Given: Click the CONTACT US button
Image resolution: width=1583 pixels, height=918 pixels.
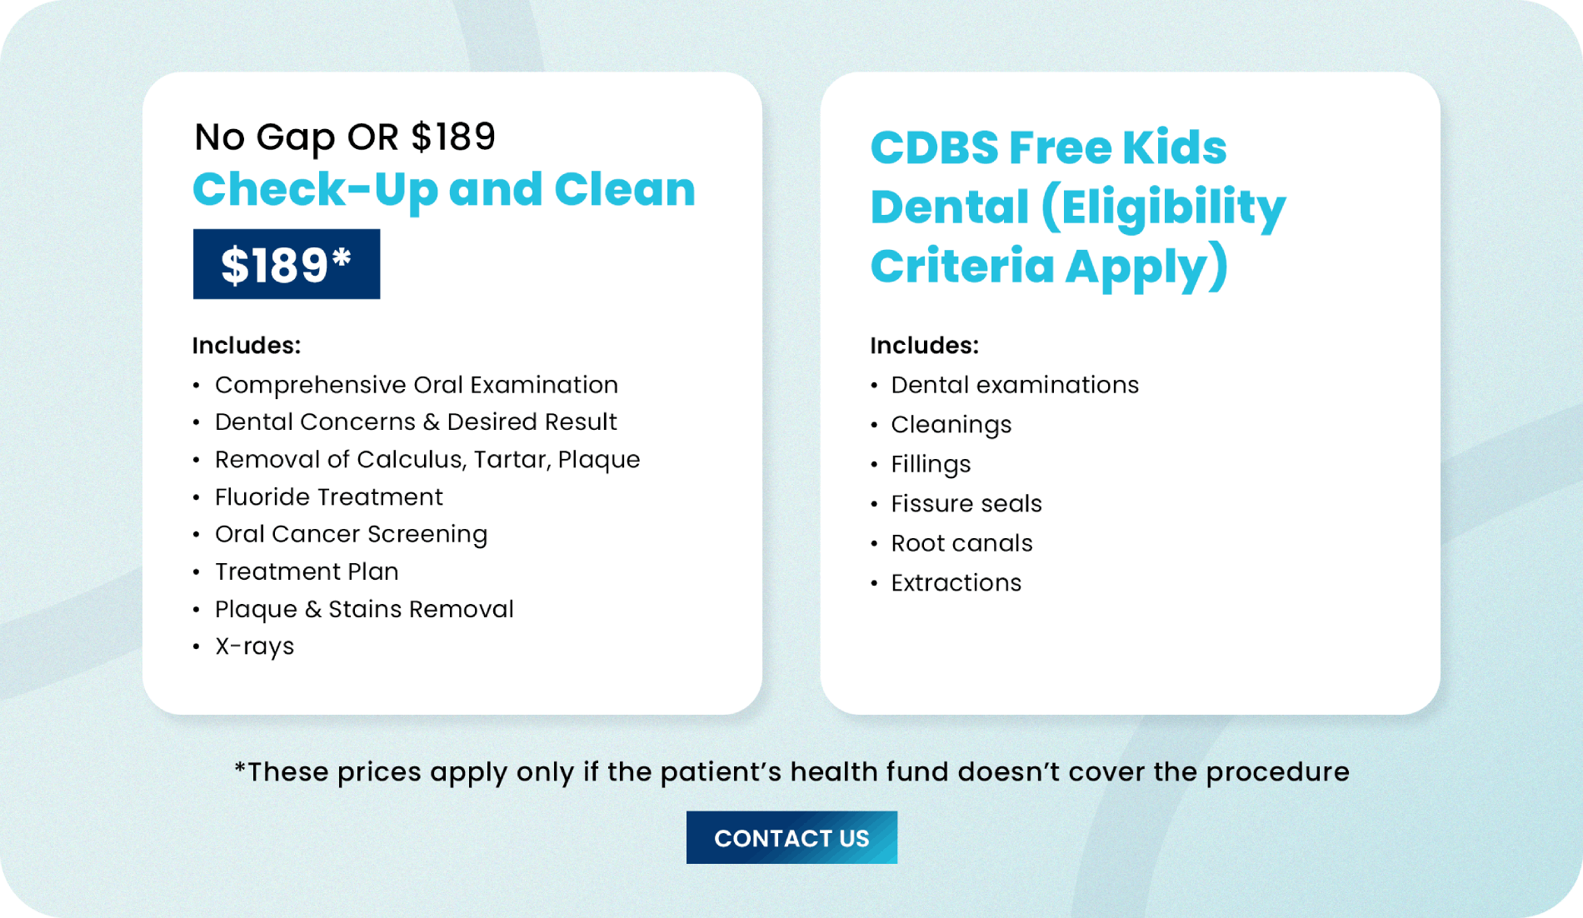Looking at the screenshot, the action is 791,837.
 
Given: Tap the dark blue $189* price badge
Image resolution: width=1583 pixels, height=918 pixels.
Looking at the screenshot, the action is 287,264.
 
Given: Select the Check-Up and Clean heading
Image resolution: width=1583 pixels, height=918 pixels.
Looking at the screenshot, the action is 444,189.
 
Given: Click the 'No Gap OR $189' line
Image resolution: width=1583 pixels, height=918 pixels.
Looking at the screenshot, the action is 345,137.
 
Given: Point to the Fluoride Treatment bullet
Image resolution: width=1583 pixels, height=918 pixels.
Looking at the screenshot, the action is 329,497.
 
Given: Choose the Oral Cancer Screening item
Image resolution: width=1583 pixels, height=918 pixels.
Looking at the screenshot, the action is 351,535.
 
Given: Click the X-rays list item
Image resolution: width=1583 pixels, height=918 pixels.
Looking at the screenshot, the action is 254,646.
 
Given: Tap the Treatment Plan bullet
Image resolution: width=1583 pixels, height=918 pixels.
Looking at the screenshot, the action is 307,571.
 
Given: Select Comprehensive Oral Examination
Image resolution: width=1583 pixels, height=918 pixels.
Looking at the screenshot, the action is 417,385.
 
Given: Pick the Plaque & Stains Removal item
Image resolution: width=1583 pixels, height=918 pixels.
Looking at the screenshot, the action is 364,609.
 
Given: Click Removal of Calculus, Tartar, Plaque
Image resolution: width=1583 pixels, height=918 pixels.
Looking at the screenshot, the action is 427,460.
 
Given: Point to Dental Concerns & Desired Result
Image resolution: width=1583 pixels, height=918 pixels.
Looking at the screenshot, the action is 416,422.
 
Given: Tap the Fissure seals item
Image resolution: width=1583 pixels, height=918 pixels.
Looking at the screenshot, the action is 966,504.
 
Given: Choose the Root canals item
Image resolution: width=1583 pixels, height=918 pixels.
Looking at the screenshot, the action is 961,543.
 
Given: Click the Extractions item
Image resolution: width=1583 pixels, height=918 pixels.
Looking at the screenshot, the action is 956,583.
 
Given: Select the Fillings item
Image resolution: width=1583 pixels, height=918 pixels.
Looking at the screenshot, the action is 931,465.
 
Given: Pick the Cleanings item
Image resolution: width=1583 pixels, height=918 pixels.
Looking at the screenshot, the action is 951,425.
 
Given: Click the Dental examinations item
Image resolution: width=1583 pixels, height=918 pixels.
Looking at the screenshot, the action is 1015,385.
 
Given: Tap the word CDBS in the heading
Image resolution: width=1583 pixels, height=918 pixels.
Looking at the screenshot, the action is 934,147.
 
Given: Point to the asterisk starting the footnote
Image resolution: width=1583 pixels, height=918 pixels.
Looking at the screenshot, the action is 240,766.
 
